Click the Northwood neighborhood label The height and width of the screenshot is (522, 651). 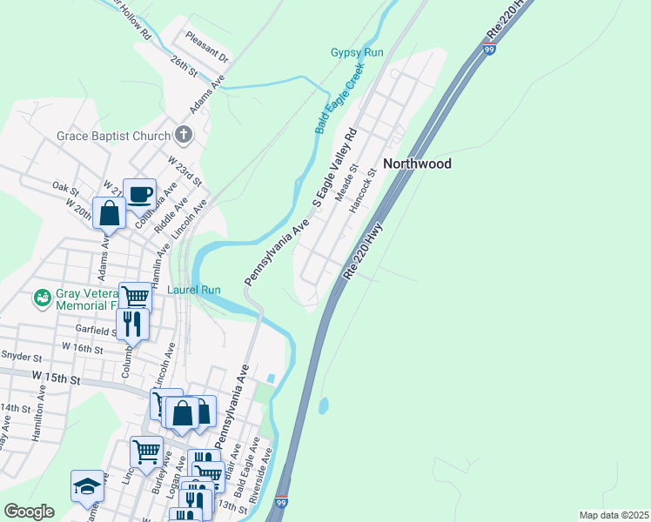pyautogui.click(x=417, y=164)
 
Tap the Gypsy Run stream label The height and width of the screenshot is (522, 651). pyautogui.click(x=357, y=53)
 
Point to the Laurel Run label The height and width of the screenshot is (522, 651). pyautogui.click(x=193, y=290)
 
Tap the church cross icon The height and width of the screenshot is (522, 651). pyautogui.click(x=183, y=134)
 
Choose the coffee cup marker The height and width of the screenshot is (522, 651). pyautogui.click(x=139, y=193)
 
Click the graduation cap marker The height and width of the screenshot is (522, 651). pyautogui.click(x=87, y=485)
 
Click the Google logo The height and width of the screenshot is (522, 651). pyautogui.click(x=30, y=512)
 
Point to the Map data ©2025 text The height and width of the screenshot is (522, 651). pyautogui.click(x=613, y=515)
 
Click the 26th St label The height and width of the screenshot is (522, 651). pyautogui.click(x=185, y=67)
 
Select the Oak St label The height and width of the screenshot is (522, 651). pyautogui.click(x=65, y=187)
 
